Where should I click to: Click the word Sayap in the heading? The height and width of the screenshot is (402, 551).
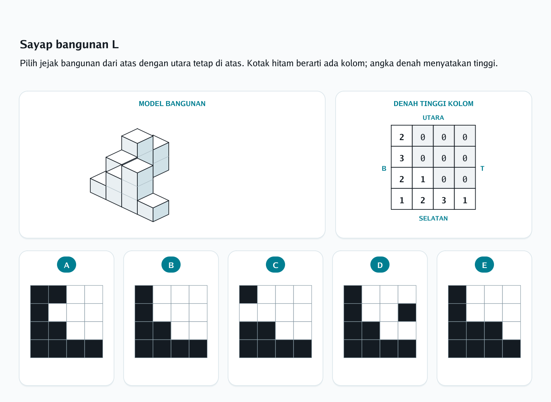[36, 45]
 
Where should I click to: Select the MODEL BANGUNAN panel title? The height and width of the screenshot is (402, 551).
[172, 104]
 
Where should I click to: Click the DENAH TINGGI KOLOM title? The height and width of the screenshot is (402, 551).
[434, 104]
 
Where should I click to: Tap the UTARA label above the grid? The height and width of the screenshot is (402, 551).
[433, 118]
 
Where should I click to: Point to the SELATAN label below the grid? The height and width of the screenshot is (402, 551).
[433, 218]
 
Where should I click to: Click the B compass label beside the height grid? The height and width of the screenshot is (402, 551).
[384, 168]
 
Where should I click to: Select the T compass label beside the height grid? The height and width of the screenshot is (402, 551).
[483, 168]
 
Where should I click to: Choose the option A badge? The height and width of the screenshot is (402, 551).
[67, 265]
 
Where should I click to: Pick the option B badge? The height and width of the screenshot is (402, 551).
[171, 265]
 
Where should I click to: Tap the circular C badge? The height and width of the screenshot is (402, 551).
[275, 265]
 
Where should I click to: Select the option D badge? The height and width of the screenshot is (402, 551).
[380, 265]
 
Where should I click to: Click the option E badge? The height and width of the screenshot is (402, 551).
[484, 265]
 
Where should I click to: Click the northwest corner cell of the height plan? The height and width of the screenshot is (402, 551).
[402, 136]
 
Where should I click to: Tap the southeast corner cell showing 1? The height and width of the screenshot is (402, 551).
[465, 199]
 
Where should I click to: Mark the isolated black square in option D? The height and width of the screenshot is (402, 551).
[407, 312]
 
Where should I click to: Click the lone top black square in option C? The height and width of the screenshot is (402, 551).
[248, 294]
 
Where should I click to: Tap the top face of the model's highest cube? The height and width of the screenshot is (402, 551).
[137, 136]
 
